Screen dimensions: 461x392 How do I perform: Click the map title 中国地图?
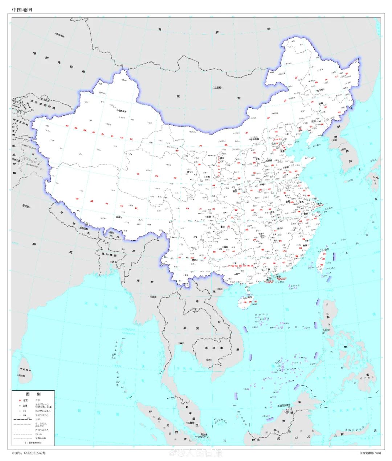coord(22,10)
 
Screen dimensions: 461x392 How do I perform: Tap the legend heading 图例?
coord(33,394)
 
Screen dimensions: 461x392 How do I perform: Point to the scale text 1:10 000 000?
coord(33,443)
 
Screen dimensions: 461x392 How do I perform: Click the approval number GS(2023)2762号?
coord(29,453)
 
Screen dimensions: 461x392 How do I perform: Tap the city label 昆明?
coord(194,260)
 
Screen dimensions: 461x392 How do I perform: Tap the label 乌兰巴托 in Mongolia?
coord(217,88)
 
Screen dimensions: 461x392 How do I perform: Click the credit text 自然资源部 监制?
coord(370,453)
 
